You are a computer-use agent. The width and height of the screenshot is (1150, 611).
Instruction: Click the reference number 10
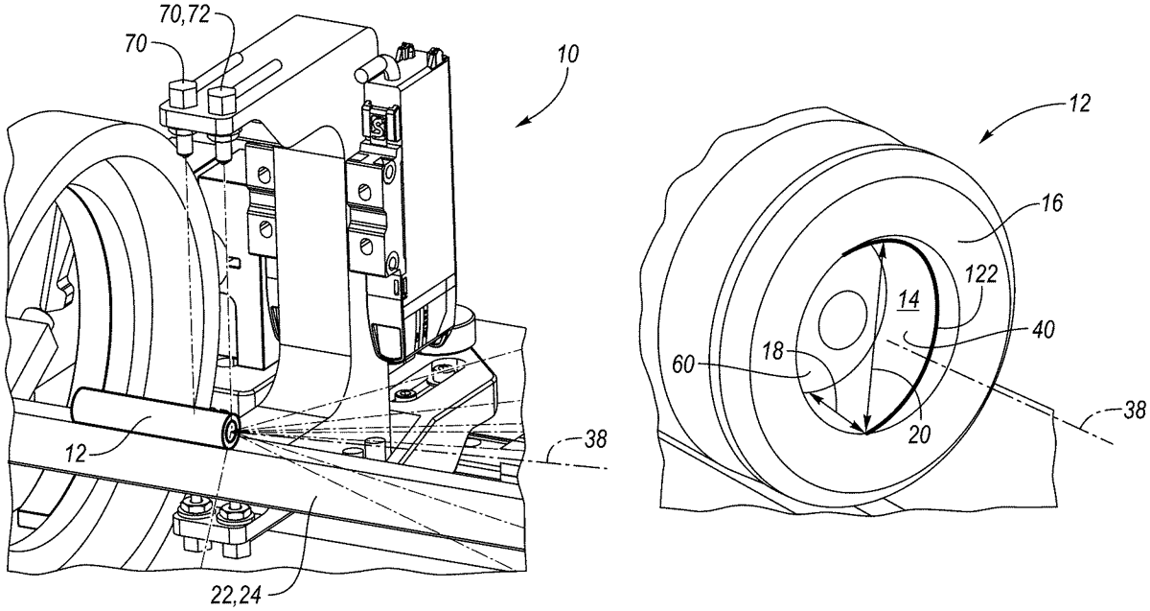point(567,54)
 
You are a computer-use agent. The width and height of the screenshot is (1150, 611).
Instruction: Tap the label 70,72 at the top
point(184,15)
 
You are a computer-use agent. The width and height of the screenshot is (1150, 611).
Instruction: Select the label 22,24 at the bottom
point(236,596)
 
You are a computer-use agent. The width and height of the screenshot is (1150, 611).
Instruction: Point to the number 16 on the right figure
point(1052,203)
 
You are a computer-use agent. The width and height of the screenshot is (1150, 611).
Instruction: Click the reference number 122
point(981,274)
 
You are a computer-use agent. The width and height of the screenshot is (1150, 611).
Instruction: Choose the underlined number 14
point(908,299)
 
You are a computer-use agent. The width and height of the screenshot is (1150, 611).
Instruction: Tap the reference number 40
point(1043,329)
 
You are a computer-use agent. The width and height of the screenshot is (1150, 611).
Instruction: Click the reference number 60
point(683,365)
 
